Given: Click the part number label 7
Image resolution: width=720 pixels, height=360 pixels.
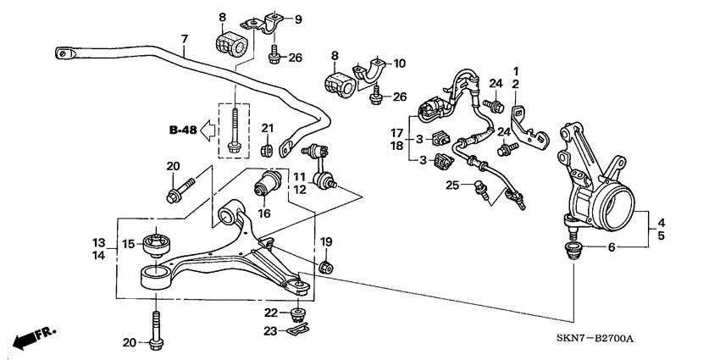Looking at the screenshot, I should pos(183,39).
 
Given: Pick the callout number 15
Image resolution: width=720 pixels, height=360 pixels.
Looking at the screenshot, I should pos(128,244).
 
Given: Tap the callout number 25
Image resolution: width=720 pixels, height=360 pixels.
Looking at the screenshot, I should pos(453,185).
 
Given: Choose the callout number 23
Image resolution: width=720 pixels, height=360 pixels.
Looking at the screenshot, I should pos(270,330).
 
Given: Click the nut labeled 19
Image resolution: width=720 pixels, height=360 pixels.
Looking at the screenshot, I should pos(324,268).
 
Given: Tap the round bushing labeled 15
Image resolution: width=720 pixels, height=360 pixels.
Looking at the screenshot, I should pos(158,244).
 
